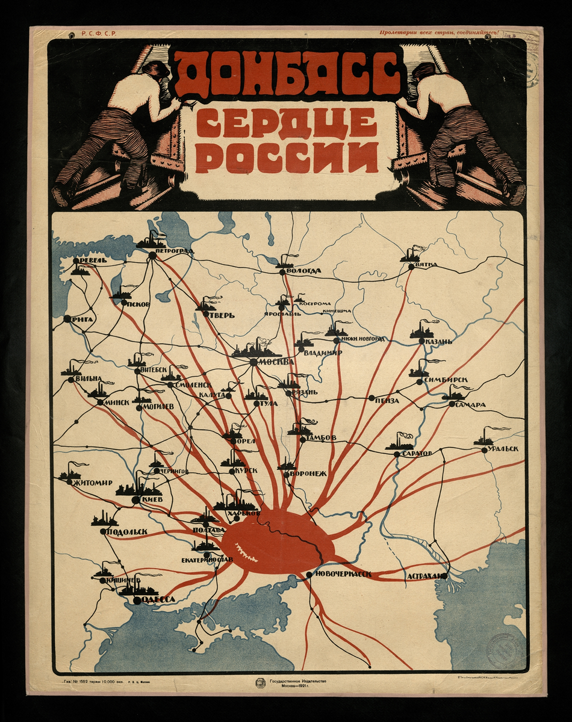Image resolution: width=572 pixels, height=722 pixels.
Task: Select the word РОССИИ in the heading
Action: tap(287, 158)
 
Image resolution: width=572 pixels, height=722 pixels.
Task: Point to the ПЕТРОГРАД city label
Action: tap(174, 251)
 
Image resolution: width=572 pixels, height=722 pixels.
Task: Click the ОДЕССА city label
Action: tap(158, 599)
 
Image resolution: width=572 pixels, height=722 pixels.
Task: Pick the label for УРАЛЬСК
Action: tap(503, 449)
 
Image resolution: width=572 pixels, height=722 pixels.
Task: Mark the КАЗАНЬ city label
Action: tap(438, 342)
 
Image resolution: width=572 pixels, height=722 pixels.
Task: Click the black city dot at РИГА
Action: tap(66, 318)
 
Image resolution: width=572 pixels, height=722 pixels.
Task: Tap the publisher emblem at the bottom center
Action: tap(260, 683)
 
